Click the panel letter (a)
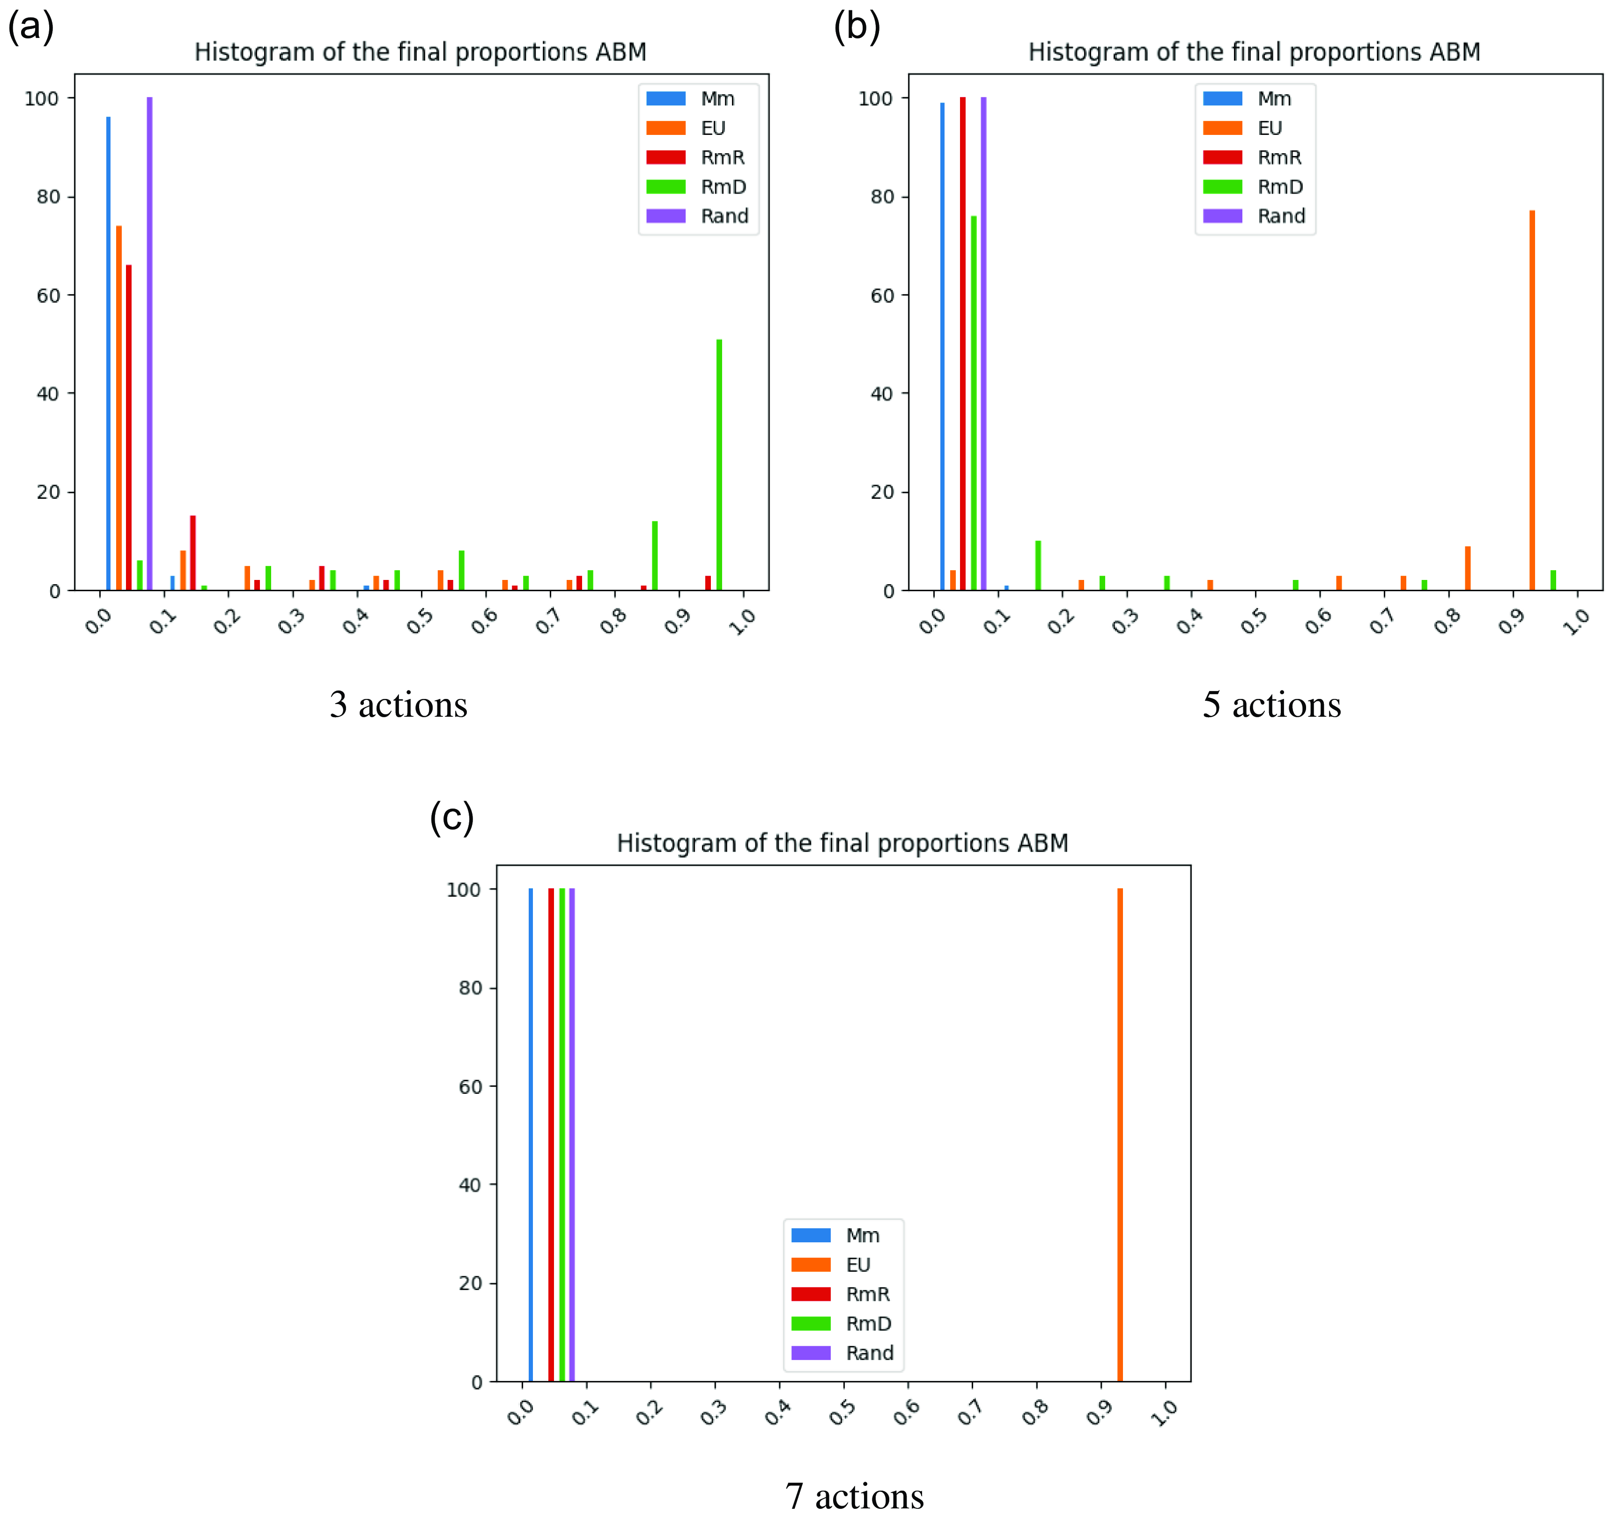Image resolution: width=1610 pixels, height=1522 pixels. click(31, 27)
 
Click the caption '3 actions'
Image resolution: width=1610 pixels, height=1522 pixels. click(398, 704)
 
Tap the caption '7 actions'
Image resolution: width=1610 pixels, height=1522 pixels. click(854, 1495)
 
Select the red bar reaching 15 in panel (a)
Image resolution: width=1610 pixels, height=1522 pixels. click(193, 552)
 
